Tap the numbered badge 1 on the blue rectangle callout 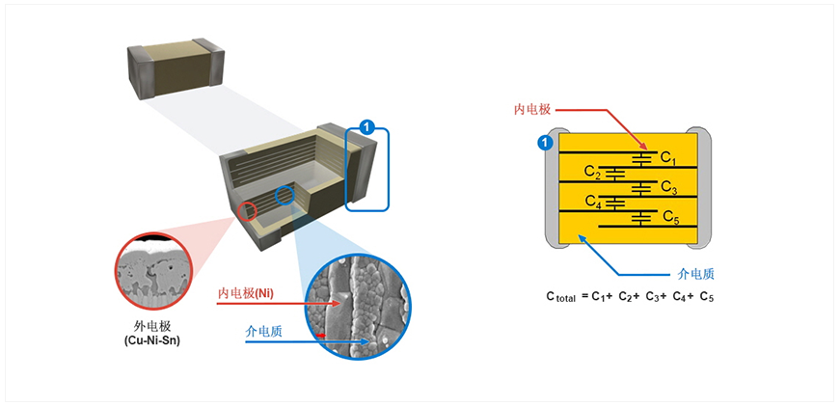(x=366, y=126)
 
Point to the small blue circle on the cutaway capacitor (x=285, y=196)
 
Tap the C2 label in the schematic (x=592, y=172)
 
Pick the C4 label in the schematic (x=592, y=203)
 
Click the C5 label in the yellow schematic (x=670, y=219)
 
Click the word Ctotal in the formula (x=560, y=298)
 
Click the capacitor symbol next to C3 (x=644, y=186)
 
